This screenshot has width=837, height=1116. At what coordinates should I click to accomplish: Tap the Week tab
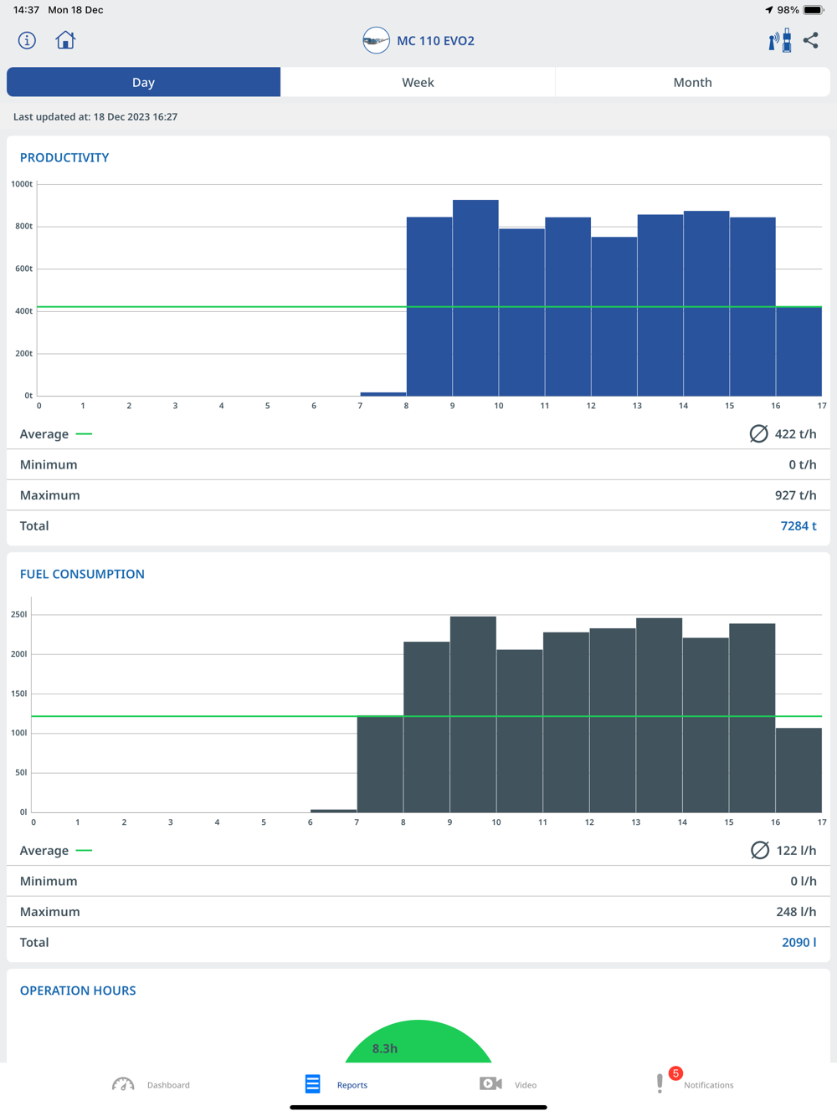click(x=418, y=82)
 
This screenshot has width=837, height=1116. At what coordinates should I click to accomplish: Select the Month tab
click(x=692, y=82)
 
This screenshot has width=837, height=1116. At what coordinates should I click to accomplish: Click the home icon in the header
click(x=65, y=40)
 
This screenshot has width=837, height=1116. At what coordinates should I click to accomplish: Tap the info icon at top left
click(x=27, y=40)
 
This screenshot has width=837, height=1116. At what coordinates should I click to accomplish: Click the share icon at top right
click(x=811, y=40)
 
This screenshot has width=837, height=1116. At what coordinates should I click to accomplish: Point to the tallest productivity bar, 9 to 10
click(x=475, y=297)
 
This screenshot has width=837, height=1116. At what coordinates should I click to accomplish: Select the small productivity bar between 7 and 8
click(x=383, y=393)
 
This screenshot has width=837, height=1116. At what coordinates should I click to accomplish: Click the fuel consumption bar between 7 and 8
click(x=380, y=764)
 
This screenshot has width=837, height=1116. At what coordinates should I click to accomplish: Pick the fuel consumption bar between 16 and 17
click(x=798, y=770)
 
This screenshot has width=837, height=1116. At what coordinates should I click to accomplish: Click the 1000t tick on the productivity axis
click(x=22, y=184)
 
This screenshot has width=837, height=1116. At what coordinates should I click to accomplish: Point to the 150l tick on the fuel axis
click(x=18, y=694)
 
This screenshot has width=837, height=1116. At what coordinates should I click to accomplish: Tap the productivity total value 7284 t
click(x=798, y=525)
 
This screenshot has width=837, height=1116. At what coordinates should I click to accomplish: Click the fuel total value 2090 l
click(x=798, y=942)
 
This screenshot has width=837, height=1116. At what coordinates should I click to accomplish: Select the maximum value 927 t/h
click(x=795, y=495)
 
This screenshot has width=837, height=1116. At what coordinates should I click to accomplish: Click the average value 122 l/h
click(x=795, y=850)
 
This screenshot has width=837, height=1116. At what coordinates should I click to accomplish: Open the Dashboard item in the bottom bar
click(x=151, y=1084)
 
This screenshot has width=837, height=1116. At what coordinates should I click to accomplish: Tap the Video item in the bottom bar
click(x=508, y=1084)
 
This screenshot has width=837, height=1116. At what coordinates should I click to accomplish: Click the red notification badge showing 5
click(x=675, y=1073)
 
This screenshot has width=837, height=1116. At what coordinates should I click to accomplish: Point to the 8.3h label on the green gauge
click(x=385, y=1048)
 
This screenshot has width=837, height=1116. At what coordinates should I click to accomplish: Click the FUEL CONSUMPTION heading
click(x=82, y=574)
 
